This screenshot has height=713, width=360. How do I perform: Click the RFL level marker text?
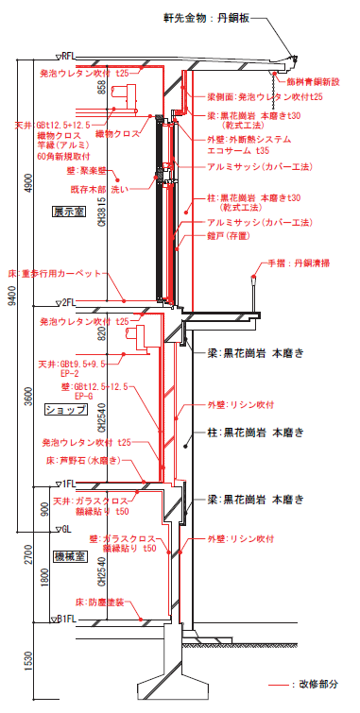click(x=69, y=57)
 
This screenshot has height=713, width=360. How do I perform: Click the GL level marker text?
click(x=67, y=529)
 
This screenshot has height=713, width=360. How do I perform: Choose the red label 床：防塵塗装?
click(x=99, y=601)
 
